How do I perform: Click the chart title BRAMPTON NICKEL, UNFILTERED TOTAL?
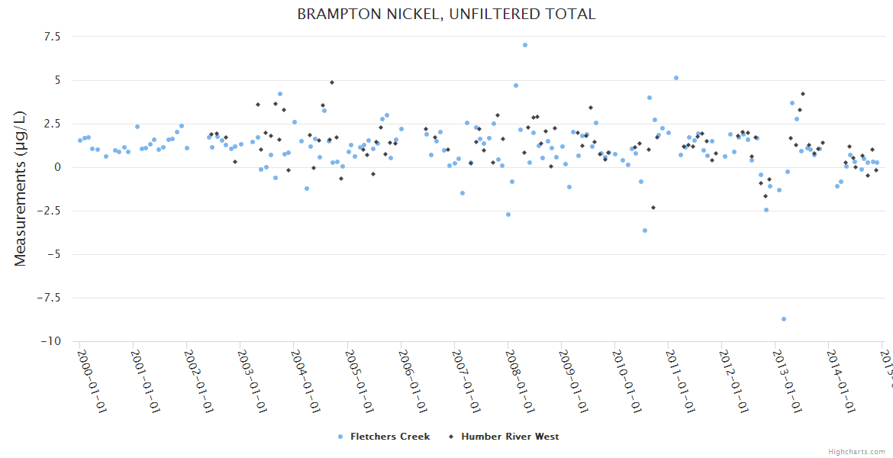tap(446, 14)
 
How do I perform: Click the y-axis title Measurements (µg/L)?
tap(21, 189)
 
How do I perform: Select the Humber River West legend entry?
tap(510, 437)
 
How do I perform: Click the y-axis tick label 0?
tap(57, 167)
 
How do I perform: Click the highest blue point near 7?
tap(525, 45)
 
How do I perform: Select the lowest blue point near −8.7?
tap(784, 319)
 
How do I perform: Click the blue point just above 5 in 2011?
tap(676, 78)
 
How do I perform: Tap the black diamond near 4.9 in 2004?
tap(332, 82)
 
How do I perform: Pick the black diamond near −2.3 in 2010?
tap(653, 208)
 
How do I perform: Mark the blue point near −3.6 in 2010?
tap(645, 231)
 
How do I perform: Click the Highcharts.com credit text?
tap(856, 451)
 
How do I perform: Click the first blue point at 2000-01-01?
tap(80, 140)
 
